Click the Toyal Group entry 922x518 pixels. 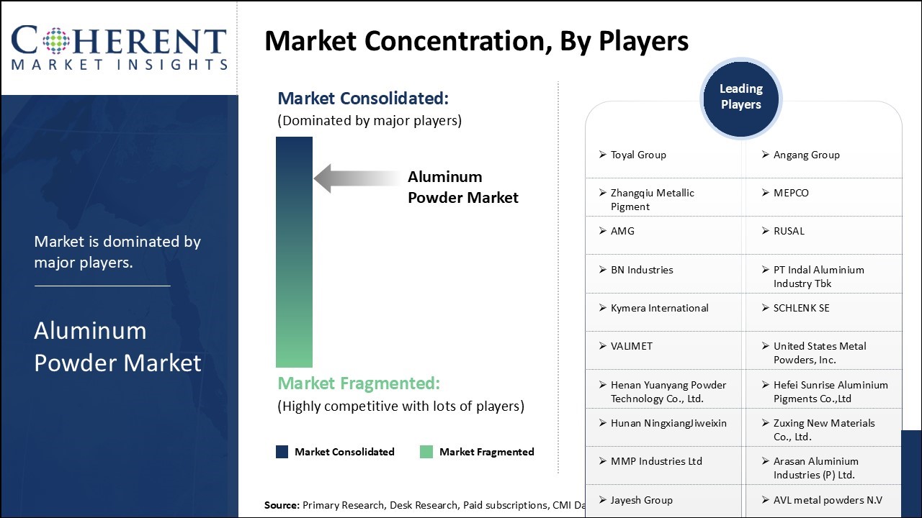[638, 155]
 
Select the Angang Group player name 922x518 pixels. [806, 155]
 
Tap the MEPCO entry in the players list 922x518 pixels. [791, 193]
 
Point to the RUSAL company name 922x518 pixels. [789, 231]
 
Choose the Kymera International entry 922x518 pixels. [659, 308]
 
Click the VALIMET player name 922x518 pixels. [632, 346]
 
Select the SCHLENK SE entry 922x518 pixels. [801, 308]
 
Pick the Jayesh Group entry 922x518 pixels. [641, 500]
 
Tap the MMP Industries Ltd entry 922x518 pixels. [656, 461]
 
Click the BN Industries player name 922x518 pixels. [642, 270]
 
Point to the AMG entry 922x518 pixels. [622, 231]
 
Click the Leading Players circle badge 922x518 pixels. [741, 99]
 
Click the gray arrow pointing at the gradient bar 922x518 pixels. [357, 178]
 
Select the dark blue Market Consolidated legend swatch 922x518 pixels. [282, 452]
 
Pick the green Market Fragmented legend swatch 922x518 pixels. [426, 452]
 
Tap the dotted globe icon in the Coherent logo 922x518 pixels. [56, 41]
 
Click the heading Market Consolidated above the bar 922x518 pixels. [363, 99]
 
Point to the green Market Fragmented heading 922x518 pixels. [359, 383]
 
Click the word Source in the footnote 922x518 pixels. [282, 505]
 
